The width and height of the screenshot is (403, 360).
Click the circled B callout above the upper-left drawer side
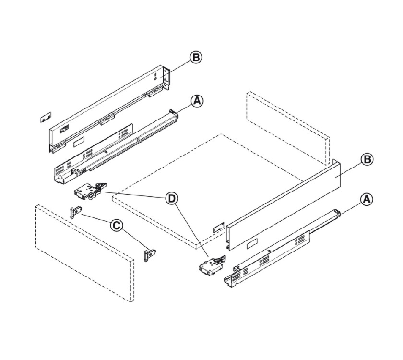click(x=196, y=58)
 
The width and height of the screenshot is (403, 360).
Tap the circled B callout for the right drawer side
click(x=367, y=159)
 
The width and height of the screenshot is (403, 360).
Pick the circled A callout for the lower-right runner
click(x=367, y=199)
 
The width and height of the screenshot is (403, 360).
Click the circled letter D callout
click(x=171, y=198)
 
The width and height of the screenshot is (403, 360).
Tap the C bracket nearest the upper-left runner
click(x=75, y=211)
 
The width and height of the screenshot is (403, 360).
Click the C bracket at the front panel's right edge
click(x=152, y=253)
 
